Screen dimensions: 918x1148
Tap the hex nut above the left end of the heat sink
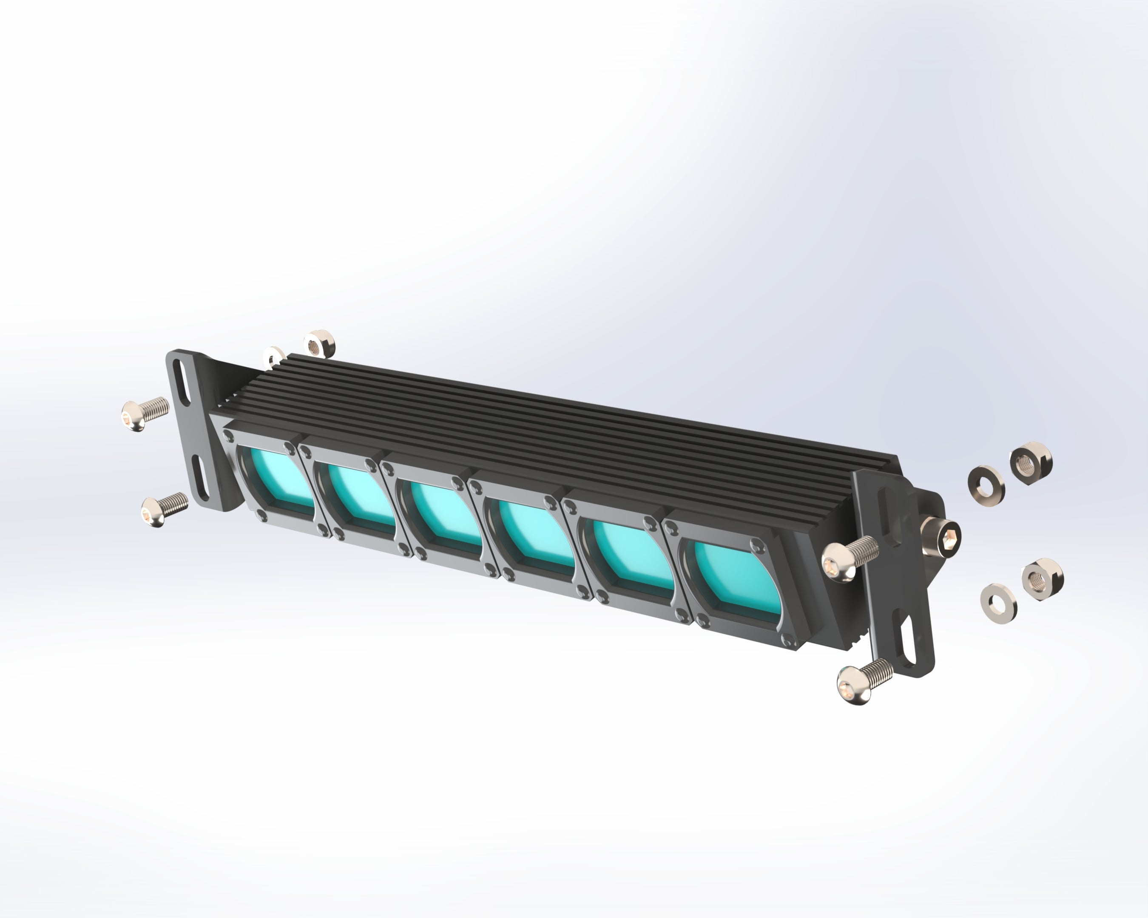[x=319, y=344]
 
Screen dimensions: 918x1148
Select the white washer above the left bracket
[x=275, y=356]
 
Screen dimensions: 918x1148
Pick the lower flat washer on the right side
[x=998, y=603]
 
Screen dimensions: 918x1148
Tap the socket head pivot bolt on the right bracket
[x=943, y=538]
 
